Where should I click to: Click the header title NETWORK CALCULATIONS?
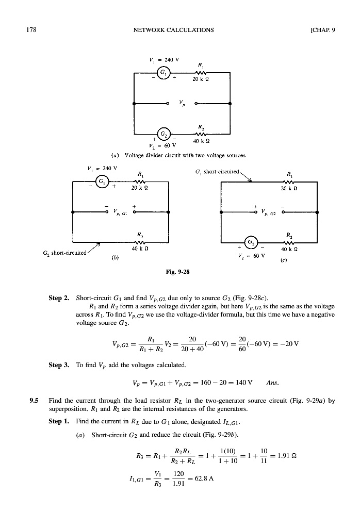click(173, 29)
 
